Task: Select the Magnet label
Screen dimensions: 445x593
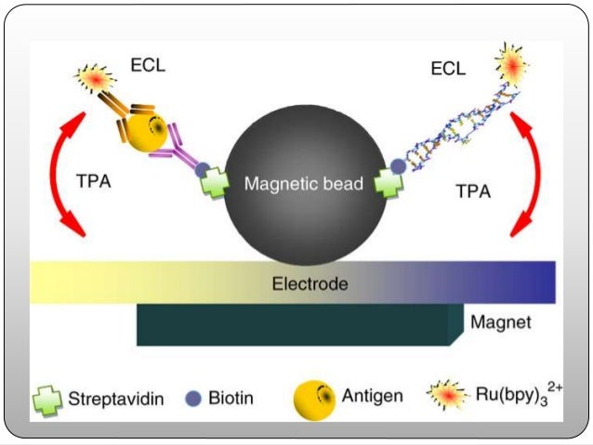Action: [500, 323]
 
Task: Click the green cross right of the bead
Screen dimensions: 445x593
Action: [389, 180]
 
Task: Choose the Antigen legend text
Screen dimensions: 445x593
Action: [373, 397]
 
